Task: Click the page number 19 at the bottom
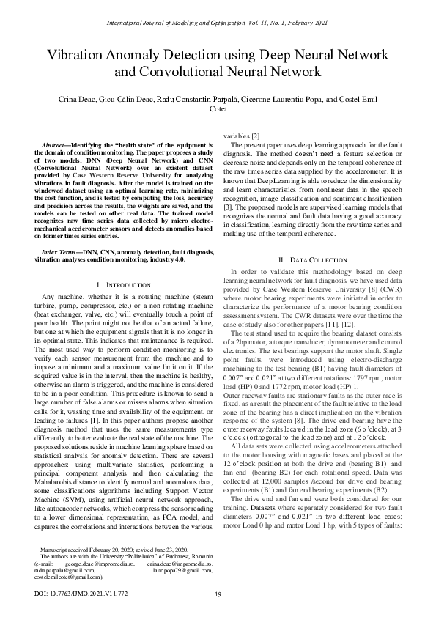coord(218,595)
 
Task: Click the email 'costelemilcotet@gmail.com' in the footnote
coord(70,577)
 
